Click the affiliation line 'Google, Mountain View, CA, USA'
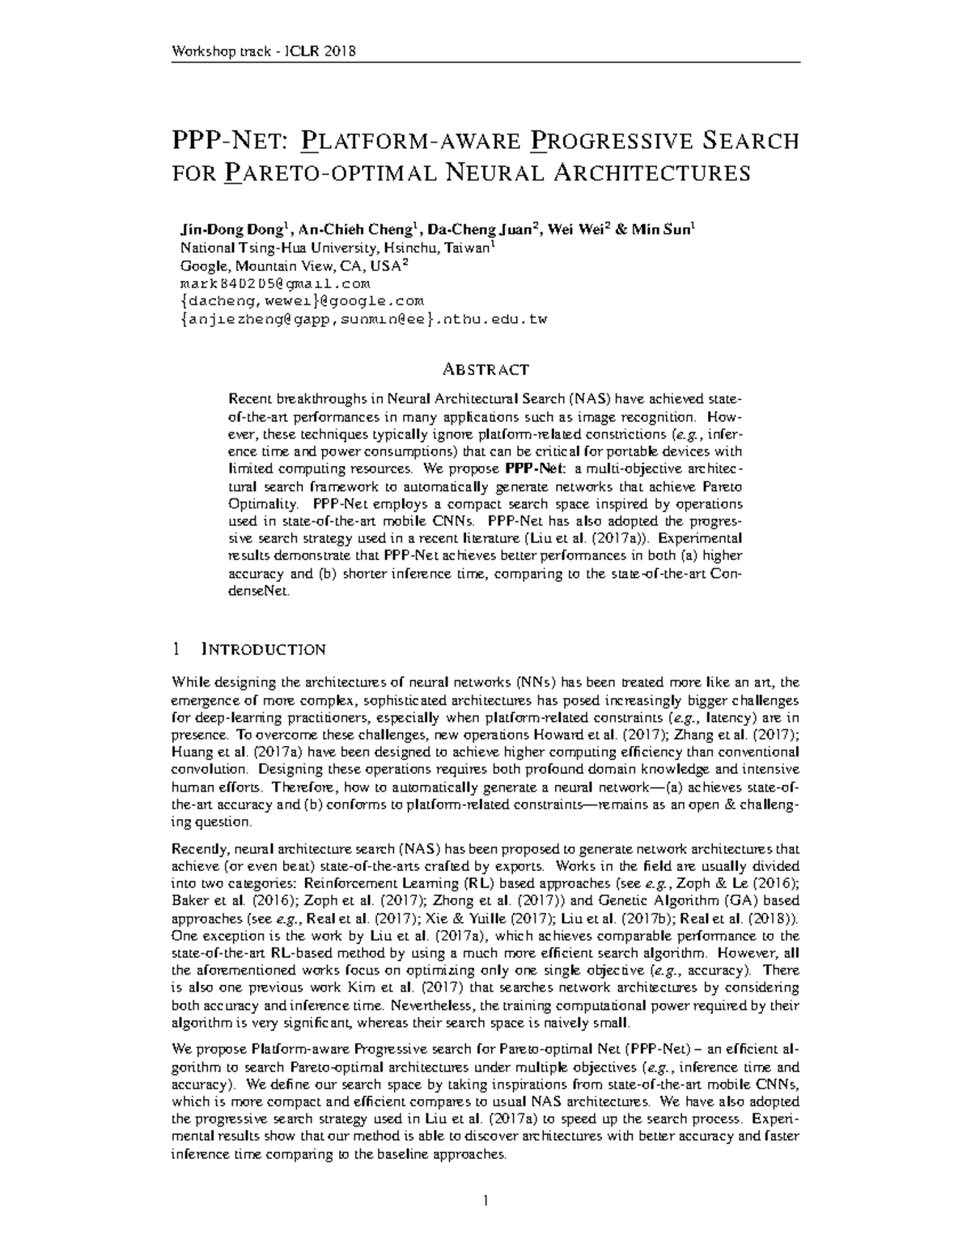click(291, 266)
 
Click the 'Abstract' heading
click(485, 370)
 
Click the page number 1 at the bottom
click(485, 1200)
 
